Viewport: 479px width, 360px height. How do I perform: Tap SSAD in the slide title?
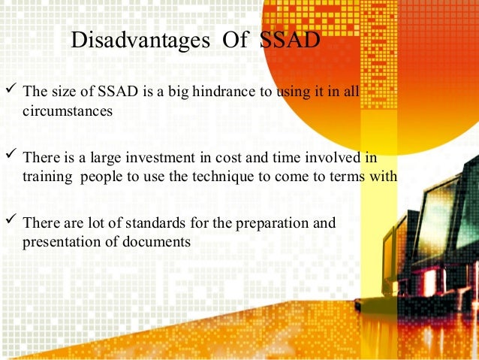click(290, 40)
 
